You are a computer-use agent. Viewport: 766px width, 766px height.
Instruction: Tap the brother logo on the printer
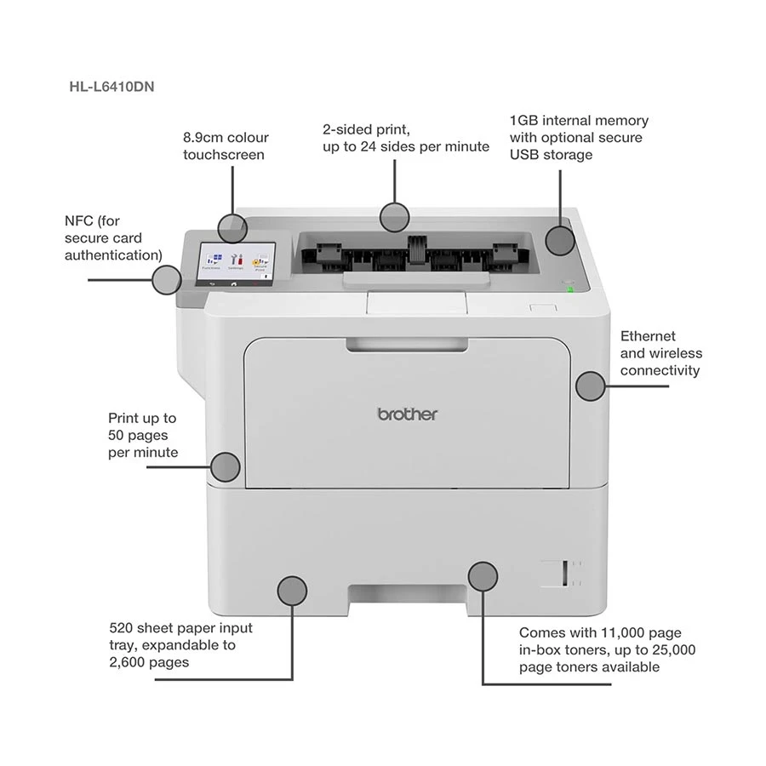pyautogui.click(x=408, y=414)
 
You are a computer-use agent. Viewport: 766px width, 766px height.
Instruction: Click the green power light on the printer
pyautogui.click(x=569, y=289)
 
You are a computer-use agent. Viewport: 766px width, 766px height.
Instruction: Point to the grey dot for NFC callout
pyautogui.click(x=167, y=279)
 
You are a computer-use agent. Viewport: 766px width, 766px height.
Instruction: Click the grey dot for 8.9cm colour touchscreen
pyautogui.click(x=232, y=227)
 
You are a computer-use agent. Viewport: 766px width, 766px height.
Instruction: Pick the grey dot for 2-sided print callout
pyautogui.click(x=394, y=218)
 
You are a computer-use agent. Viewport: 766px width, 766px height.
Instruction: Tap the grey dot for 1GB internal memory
pyautogui.click(x=559, y=239)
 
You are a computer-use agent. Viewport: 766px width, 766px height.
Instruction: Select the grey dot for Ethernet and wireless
pyautogui.click(x=590, y=386)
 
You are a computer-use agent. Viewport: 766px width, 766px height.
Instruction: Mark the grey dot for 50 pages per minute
pyautogui.click(x=225, y=466)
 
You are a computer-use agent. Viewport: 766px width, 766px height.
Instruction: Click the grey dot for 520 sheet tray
pyautogui.click(x=292, y=591)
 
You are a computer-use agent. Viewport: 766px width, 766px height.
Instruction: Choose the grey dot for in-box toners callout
pyautogui.click(x=483, y=576)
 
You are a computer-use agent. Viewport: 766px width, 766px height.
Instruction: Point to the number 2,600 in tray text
pyautogui.click(x=129, y=662)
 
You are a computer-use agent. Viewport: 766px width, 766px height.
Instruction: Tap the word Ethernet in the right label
pyautogui.click(x=648, y=336)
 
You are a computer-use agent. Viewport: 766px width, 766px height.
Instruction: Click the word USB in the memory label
pyautogui.click(x=524, y=154)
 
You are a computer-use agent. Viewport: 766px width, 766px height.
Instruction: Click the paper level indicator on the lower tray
pyautogui.click(x=553, y=574)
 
